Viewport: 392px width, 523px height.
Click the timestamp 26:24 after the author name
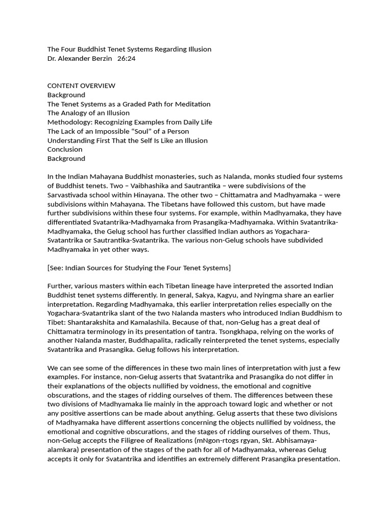[x=126, y=59]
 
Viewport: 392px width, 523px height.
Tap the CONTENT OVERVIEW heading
[x=81, y=86]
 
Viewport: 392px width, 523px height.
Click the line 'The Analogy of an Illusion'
[x=88, y=113]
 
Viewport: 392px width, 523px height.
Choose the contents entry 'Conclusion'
[x=65, y=149]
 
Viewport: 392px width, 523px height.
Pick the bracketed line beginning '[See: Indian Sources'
[x=139, y=268]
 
